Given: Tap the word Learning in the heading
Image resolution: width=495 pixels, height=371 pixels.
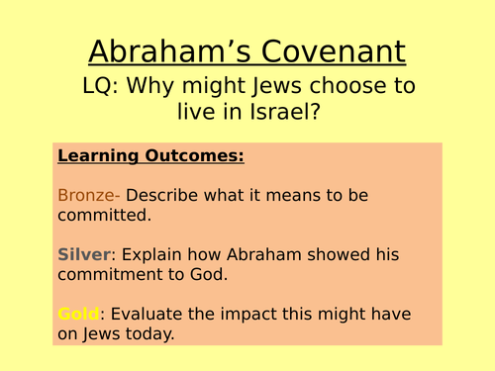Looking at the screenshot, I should tap(98, 155).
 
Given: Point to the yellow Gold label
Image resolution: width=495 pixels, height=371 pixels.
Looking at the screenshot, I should tap(78, 314).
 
